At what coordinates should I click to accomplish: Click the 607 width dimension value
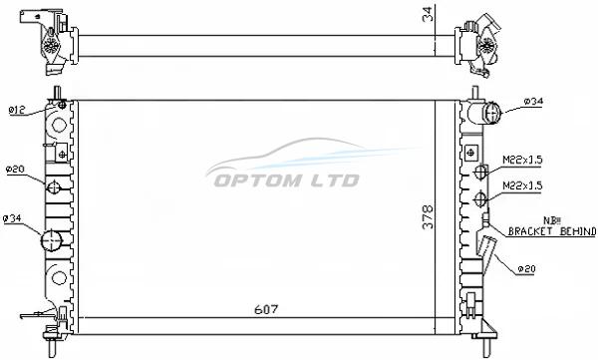coord(266,309)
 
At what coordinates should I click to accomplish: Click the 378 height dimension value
coord(429,217)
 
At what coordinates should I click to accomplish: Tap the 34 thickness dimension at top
coord(429,14)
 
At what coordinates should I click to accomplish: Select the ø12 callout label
coord(17,111)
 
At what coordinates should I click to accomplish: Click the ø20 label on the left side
coord(15,170)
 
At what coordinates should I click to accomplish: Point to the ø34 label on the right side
coord(533,101)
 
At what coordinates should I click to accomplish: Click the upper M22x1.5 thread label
coord(522,160)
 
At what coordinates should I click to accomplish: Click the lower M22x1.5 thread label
coord(522,185)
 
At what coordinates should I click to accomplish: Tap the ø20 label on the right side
coord(526,269)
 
